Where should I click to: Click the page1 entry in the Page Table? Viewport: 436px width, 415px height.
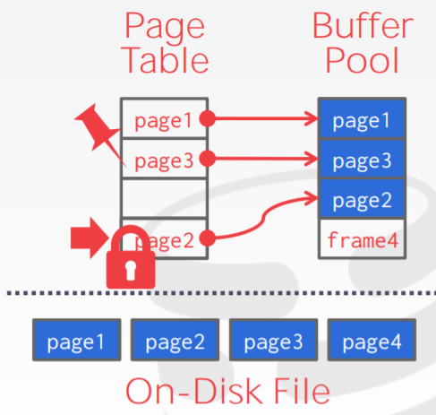click(x=164, y=118)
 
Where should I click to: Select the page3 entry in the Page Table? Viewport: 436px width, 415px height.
click(x=164, y=159)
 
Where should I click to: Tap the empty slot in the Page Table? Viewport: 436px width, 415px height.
click(x=164, y=198)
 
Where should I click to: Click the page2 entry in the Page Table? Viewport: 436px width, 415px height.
click(x=164, y=238)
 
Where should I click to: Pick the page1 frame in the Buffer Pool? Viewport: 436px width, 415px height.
click(x=362, y=118)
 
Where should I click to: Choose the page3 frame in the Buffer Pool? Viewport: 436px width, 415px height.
click(x=362, y=159)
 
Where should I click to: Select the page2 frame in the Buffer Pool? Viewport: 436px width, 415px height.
click(x=362, y=198)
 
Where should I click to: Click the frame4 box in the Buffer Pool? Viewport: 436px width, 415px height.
click(x=362, y=238)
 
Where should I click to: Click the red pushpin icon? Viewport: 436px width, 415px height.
click(x=100, y=132)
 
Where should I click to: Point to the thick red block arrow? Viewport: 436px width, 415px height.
click(x=90, y=238)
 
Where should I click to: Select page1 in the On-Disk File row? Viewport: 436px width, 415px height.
click(x=77, y=340)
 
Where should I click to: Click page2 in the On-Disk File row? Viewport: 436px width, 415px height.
click(x=175, y=340)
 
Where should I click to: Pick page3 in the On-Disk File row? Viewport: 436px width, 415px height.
click(x=273, y=340)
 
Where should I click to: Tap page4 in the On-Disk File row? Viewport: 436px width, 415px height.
click(x=372, y=340)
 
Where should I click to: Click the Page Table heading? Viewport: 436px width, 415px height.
click(x=166, y=43)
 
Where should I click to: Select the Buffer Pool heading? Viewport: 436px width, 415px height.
click(x=363, y=42)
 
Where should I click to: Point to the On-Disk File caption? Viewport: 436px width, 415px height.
click(x=227, y=391)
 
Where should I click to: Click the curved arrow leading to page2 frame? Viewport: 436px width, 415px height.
click(x=263, y=218)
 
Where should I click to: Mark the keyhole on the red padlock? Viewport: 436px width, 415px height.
click(x=131, y=270)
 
